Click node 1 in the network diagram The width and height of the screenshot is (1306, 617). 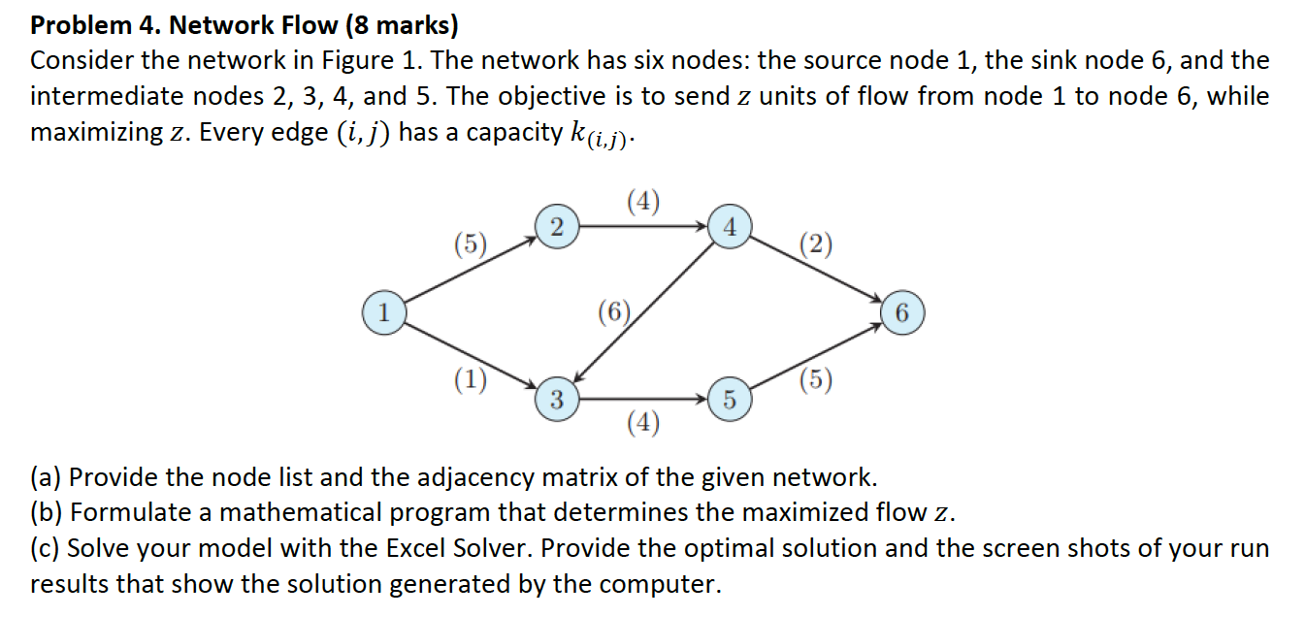(x=384, y=313)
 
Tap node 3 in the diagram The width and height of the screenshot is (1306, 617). (x=556, y=398)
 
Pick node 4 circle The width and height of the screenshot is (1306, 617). (x=731, y=228)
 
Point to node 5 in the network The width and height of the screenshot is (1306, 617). (x=731, y=400)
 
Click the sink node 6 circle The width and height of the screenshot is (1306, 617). (x=902, y=313)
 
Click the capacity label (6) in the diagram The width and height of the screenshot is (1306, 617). (x=615, y=312)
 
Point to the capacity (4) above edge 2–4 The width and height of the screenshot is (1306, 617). (x=643, y=202)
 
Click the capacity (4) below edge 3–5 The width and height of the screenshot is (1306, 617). (x=643, y=422)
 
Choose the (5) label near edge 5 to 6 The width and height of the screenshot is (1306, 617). (x=815, y=380)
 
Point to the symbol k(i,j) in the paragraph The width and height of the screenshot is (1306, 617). (x=598, y=134)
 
